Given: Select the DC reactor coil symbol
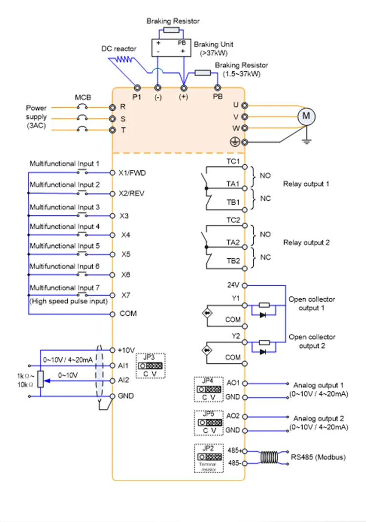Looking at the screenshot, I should [122, 60].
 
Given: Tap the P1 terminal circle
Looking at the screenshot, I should [137, 88].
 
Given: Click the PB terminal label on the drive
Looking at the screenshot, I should [218, 97].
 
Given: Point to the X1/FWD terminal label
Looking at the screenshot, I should [132, 173].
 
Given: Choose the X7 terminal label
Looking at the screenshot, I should [126, 295].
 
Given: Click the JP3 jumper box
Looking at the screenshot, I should [150, 366].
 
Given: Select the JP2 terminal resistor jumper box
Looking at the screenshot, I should [209, 458].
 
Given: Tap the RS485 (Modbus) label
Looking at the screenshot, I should [318, 457].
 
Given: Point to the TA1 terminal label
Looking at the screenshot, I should [233, 185].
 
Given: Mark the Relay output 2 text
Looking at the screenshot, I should [306, 242].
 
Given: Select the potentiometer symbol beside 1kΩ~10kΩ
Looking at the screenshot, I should [41, 379].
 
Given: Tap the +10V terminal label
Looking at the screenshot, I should [126, 350].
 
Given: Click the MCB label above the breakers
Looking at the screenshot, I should [82, 97].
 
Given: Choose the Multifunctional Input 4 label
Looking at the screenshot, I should [65, 227].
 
